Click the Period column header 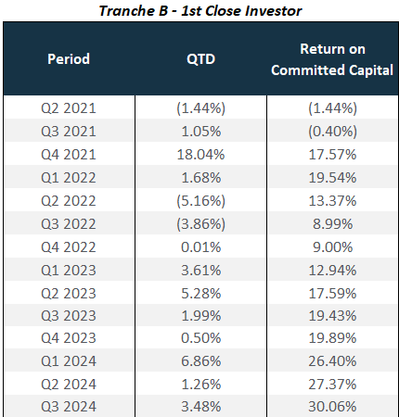pos(69,58)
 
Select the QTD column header pos(200,59)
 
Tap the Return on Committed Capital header pos(332,59)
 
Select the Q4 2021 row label pos(69,155)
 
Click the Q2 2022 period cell pos(69,201)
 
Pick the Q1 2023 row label pos(69,271)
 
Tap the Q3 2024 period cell pos(69,407)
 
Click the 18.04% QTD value pos(200,155)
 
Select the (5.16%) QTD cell pos(200,201)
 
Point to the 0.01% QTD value pos(200,247)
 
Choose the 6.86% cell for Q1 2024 pos(200,361)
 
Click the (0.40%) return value pos(332,132)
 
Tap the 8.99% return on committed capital pos(332,224)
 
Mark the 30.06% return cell pos(332,407)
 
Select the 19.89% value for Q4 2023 pos(332,338)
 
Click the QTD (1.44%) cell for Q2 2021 pos(200,108)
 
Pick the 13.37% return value pos(332,201)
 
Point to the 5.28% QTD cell pos(200,293)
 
